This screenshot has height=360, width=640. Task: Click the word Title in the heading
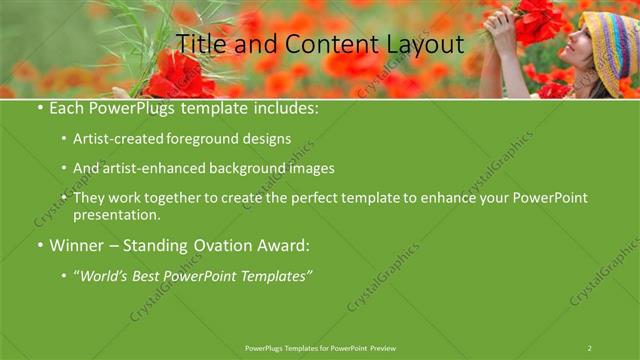[x=199, y=44]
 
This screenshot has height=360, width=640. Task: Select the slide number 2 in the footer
[x=589, y=348]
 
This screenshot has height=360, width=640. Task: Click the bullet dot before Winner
[x=38, y=245]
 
